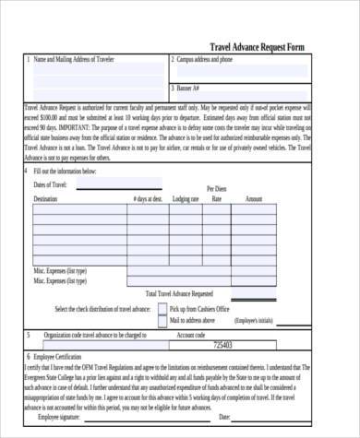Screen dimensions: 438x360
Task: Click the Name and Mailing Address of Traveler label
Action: (x=73, y=60)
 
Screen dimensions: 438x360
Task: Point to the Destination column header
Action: (x=45, y=199)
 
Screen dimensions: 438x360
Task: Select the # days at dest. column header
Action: (x=148, y=199)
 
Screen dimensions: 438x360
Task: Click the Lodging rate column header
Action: (x=186, y=199)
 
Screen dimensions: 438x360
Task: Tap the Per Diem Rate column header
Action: (x=218, y=194)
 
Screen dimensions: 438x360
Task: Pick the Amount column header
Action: (x=254, y=199)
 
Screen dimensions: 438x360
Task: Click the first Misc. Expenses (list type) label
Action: (x=61, y=271)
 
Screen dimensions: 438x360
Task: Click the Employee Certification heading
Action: (x=59, y=356)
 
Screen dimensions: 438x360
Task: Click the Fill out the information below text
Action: (x=65, y=172)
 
